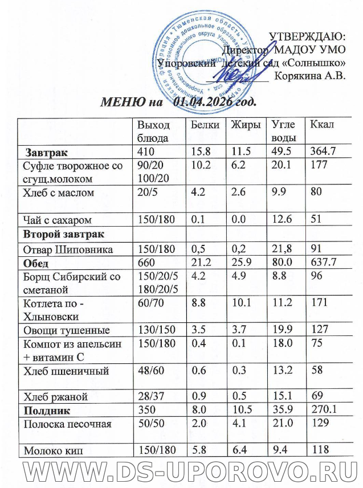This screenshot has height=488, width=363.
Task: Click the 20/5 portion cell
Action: coord(146,193)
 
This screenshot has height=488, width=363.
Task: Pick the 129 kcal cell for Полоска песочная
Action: coord(317,424)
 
